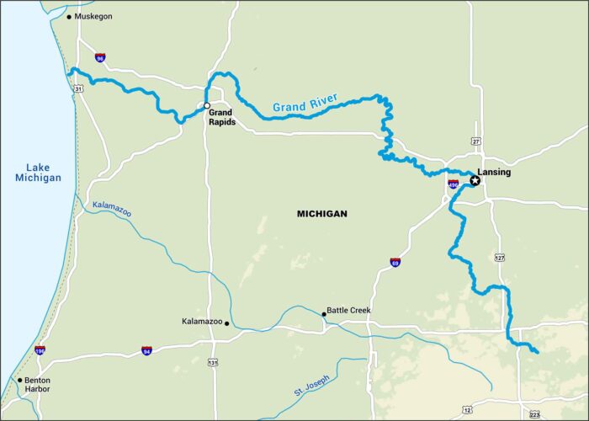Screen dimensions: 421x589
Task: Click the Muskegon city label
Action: [93, 16]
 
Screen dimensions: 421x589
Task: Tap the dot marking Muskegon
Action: [70, 16]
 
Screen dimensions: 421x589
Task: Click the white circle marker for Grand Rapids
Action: [207, 105]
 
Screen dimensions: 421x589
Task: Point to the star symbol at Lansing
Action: [475, 180]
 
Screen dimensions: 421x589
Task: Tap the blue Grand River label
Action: [305, 104]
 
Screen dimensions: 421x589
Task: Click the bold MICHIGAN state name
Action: [321, 214]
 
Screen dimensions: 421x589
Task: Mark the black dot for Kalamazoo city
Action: [227, 322]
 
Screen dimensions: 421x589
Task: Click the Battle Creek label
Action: [348, 310]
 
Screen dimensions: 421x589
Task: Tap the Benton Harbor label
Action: [36, 384]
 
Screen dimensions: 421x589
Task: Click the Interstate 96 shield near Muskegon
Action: [100, 58]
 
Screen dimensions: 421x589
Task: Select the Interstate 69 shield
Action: [395, 263]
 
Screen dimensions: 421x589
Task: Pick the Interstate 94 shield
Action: [146, 349]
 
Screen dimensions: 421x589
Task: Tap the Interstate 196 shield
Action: [40, 349]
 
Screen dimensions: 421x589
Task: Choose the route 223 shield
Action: [535, 414]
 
